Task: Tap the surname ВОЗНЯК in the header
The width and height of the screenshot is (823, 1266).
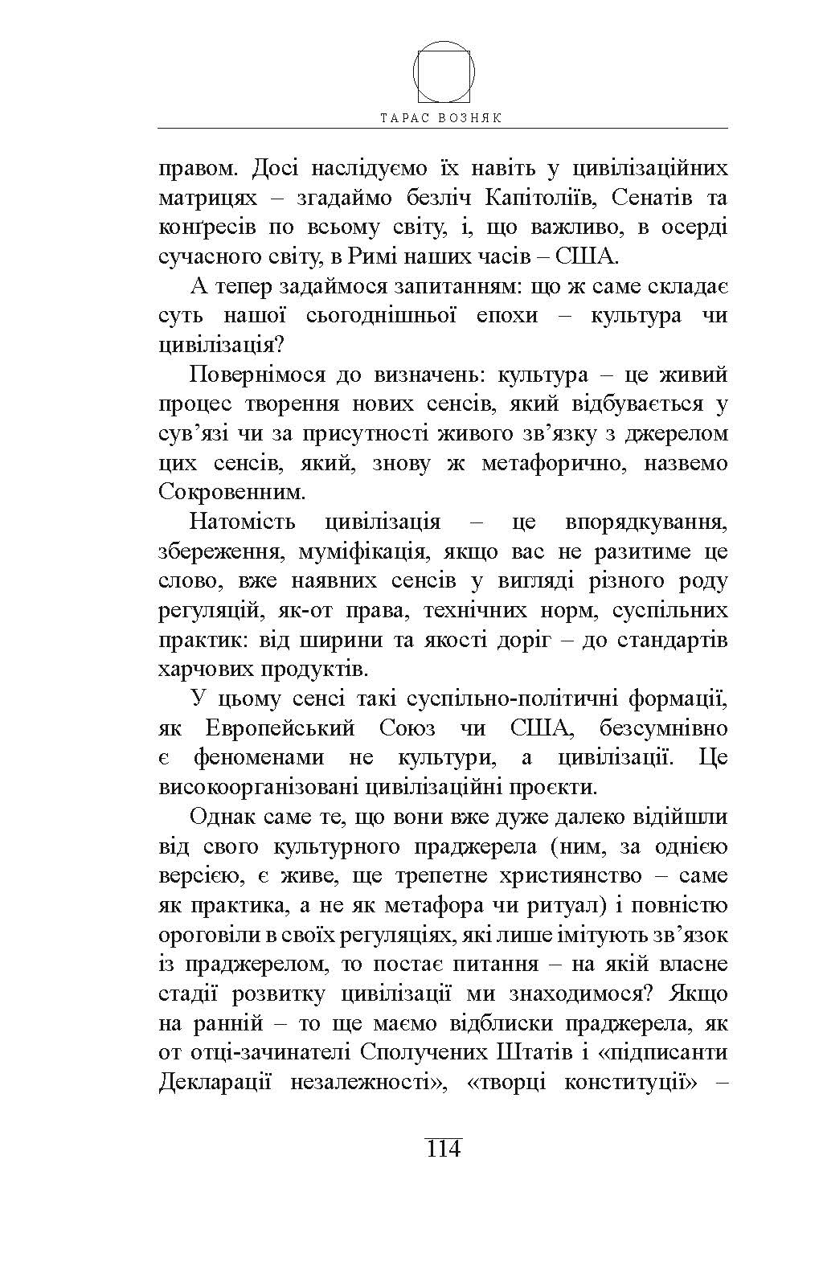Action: click(x=473, y=117)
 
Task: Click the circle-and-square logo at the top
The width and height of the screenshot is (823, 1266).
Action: click(x=444, y=71)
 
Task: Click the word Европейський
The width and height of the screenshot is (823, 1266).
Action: click(x=280, y=728)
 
